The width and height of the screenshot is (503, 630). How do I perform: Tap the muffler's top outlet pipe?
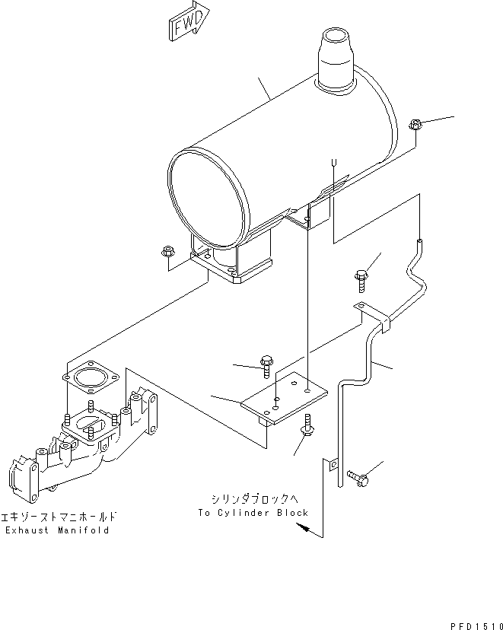click(335, 57)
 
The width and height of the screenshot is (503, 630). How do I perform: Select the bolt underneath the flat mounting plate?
click(309, 426)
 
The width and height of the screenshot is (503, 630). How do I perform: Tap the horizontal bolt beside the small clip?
click(358, 477)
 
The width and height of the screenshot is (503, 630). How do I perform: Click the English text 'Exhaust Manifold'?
click(57, 530)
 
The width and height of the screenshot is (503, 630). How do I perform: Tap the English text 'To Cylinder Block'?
click(253, 513)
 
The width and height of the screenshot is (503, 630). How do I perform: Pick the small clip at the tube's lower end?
click(333, 472)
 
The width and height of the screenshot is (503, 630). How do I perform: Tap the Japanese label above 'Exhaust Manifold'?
click(57, 517)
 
